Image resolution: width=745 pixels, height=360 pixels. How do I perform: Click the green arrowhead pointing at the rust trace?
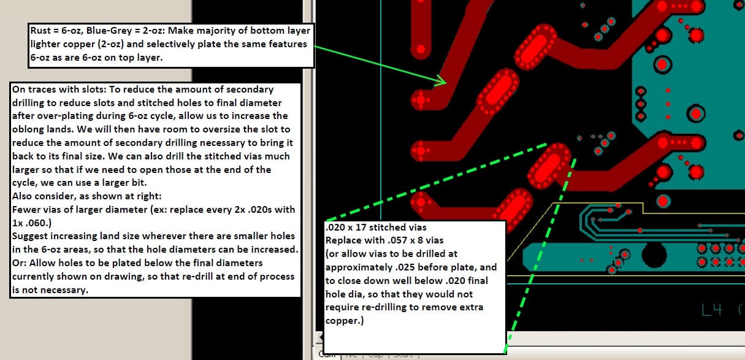pos(441,80)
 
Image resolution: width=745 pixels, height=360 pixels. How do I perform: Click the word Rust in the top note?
pos(40,31)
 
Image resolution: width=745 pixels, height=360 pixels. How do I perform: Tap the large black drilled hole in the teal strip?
pos(654,253)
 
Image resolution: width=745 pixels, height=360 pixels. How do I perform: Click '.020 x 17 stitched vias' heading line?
pos(375,227)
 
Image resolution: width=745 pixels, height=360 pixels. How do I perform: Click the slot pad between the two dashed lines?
pos(549,166)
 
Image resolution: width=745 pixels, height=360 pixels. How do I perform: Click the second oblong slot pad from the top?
pos(496,92)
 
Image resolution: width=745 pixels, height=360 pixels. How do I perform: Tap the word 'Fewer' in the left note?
pos(25,209)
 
